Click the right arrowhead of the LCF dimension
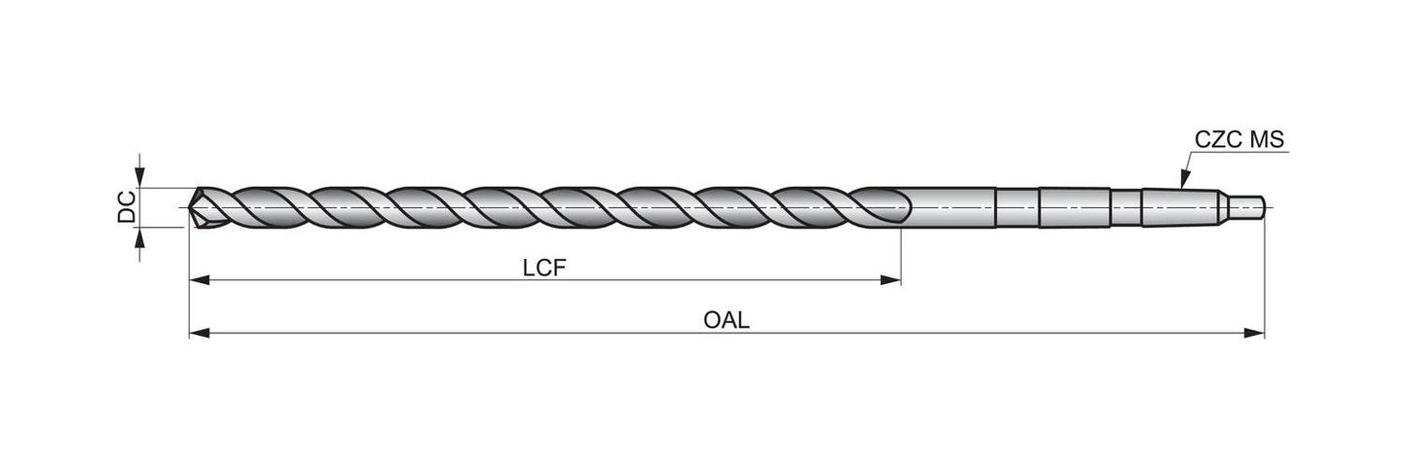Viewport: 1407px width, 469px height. click(890, 281)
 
